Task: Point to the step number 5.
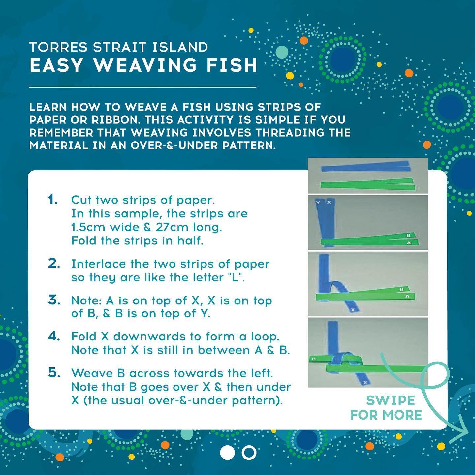point(54,373)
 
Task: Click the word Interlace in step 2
point(99,264)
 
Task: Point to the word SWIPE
point(391,401)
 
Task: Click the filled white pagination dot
point(227,452)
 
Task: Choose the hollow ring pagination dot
point(249,452)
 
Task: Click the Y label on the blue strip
point(318,203)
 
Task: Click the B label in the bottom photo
point(314,359)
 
